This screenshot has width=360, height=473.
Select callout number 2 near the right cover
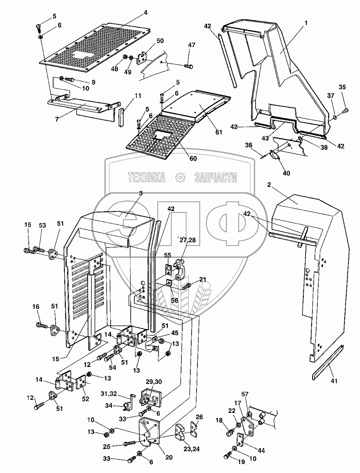(269, 185)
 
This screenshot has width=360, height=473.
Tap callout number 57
(256, 394)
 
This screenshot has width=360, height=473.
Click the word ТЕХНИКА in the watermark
(147, 177)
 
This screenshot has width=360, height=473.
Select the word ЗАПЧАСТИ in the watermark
(216, 177)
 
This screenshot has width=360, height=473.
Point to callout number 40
(286, 173)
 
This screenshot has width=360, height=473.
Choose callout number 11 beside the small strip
(138, 96)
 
